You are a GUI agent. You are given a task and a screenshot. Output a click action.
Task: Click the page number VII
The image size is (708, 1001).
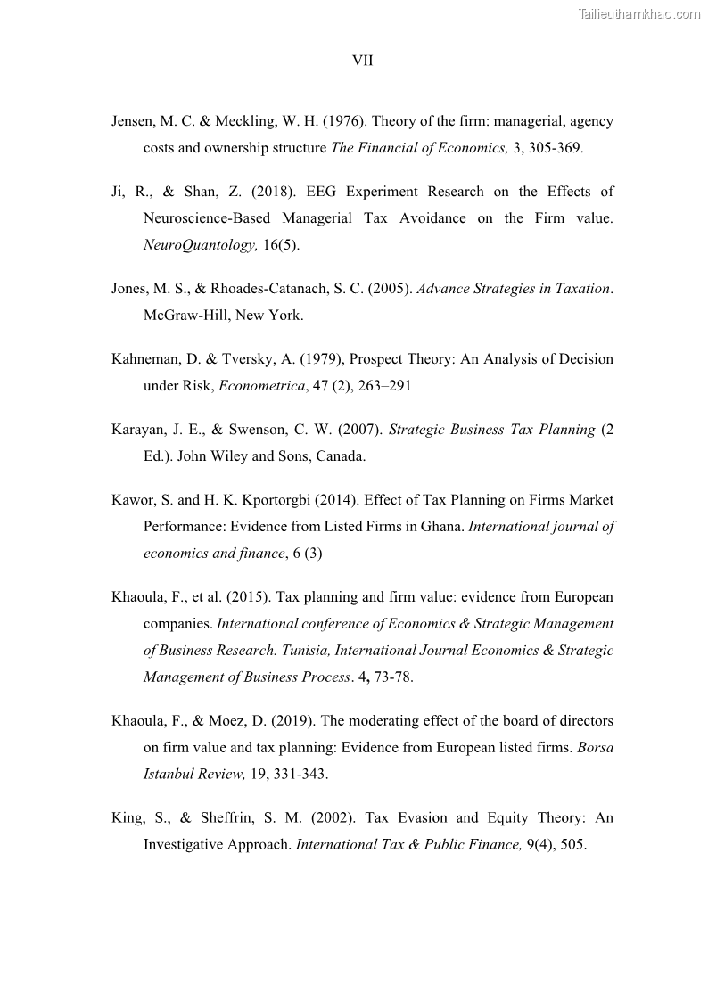coord(362,61)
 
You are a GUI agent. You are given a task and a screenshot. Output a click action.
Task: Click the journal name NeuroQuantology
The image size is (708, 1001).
coord(200,245)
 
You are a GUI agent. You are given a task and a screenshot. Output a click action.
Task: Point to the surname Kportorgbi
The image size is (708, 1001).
coord(269,500)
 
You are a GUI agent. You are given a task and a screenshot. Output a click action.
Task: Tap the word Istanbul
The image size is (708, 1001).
coord(170,774)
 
